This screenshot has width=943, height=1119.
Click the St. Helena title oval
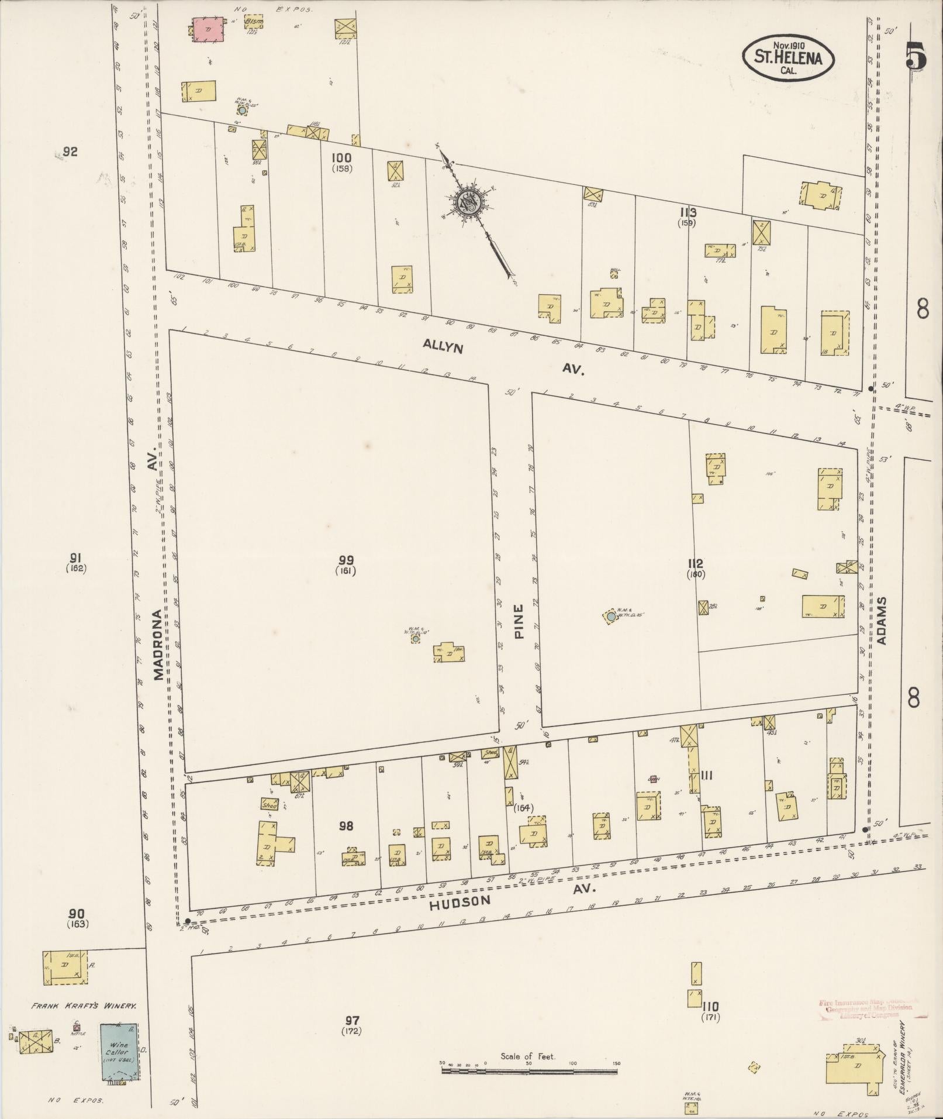[789, 57]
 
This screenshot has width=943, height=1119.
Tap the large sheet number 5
[916, 57]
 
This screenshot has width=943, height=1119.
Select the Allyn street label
[443, 347]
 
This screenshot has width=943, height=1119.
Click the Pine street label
[519, 621]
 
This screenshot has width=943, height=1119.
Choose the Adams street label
[882, 621]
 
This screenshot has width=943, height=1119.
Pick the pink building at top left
[209, 29]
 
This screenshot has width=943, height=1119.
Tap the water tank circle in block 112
[610, 616]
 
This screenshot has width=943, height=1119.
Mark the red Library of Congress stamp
[865, 1008]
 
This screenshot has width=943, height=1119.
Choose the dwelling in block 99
[449, 652]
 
